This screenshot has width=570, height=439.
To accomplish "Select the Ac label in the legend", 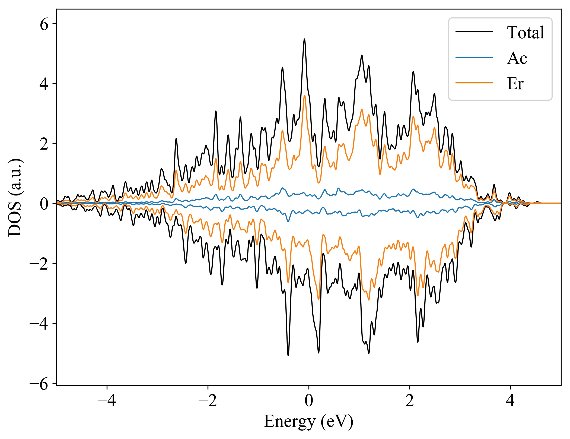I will click(x=517, y=58).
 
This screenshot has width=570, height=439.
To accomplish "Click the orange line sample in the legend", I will click(x=474, y=83).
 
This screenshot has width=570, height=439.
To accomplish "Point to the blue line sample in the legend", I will click(x=474, y=57).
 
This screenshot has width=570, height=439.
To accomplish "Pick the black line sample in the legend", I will click(x=474, y=32).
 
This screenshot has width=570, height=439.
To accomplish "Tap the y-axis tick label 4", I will click(x=44, y=84).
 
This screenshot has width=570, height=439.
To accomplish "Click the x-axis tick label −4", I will click(x=107, y=401).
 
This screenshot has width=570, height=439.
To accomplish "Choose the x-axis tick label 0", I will click(x=309, y=401).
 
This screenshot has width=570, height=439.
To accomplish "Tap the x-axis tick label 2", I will click(x=410, y=401).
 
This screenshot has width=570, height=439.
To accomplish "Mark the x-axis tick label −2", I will click(x=208, y=401).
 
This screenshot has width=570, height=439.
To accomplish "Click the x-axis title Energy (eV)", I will click(x=308, y=422).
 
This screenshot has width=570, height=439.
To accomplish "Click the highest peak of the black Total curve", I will click(x=304, y=39).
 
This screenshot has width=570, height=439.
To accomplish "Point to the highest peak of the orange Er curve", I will click(x=305, y=96).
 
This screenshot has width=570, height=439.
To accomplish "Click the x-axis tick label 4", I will click(x=511, y=401).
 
